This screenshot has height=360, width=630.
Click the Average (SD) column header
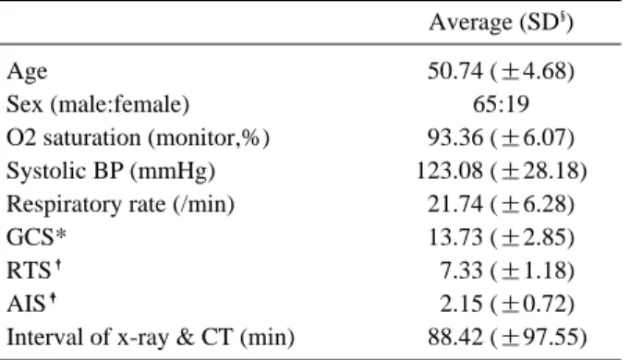[x=501, y=22]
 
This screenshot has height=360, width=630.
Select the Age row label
[x=27, y=72]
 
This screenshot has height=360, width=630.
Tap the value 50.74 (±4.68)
[x=501, y=71]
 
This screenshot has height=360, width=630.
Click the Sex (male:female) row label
[x=98, y=104]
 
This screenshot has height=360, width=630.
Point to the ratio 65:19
[x=501, y=104]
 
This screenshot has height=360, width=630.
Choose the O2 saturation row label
[x=138, y=138]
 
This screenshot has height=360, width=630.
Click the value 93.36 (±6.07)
[x=501, y=138]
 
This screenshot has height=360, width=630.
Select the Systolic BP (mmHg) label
[x=111, y=172]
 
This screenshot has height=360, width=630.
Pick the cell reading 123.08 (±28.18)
[x=501, y=172]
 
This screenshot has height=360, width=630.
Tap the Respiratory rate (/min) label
[x=120, y=205]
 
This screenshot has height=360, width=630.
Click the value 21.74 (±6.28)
[x=501, y=205]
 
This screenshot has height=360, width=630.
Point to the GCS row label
[x=36, y=237]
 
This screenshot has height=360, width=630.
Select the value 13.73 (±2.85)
[x=501, y=237]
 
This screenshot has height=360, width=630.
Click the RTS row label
[x=34, y=270]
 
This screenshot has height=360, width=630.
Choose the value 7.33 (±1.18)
[x=507, y=270]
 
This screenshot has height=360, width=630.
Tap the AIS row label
[x=30, y=304]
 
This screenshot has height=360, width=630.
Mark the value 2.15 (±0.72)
[x=507, y=305]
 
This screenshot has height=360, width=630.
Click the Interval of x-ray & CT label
[x=151, y=338]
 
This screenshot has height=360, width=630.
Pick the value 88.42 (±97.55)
[x=507, y=338]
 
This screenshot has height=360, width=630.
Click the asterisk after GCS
[x=61, y=234]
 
